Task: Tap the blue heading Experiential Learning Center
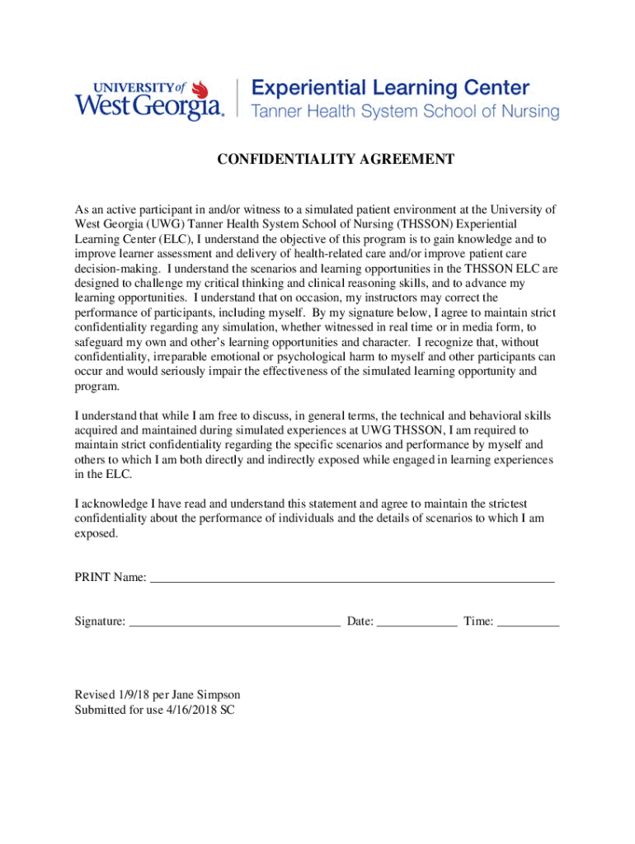pos(390,88)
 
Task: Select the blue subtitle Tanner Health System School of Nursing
pos(404,112)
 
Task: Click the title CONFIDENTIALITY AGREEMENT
pos(336,159)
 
